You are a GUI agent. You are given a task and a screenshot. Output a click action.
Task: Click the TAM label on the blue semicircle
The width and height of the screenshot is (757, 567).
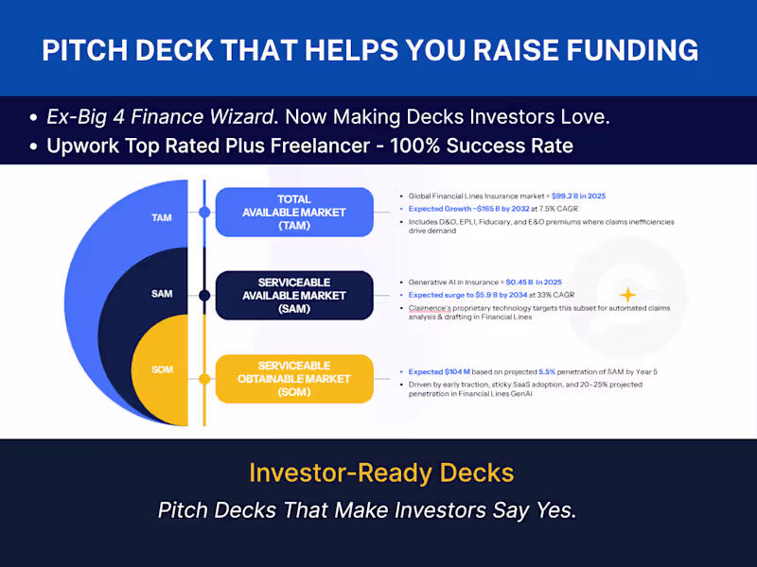(x=162, y=217)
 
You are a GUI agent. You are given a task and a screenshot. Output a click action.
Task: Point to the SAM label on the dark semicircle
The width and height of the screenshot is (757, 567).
(x=162, y=295)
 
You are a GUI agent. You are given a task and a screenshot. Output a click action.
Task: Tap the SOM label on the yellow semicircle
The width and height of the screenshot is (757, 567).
(x=162, y=369)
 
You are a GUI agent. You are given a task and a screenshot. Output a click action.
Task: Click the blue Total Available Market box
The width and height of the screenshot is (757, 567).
(x=294, y=212)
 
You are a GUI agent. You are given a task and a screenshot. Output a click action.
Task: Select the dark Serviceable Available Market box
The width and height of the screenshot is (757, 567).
(x=294, y=296)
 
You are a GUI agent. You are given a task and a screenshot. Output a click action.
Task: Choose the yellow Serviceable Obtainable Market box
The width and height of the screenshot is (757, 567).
(x=294, y=379)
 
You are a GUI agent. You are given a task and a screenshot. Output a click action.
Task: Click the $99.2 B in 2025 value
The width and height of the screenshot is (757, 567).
(x=572, y=196)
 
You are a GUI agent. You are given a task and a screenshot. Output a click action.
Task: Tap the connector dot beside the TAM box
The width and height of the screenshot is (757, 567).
(x=203, y=212)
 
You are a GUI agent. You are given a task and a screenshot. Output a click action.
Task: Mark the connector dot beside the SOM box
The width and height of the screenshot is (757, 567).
(x=203, y=379)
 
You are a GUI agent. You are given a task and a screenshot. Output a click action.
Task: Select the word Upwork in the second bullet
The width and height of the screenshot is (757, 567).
(x=79, y=146)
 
